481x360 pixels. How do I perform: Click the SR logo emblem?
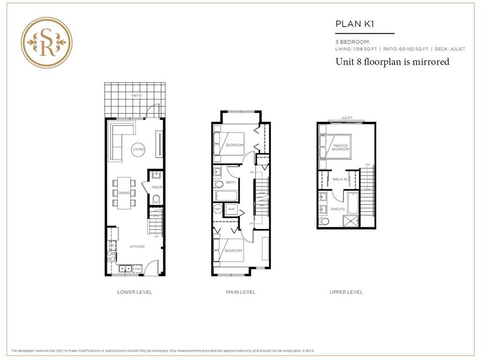point(47,43)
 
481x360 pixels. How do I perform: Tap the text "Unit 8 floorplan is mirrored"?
point(392,61)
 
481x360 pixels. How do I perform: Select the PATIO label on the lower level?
point(137,96)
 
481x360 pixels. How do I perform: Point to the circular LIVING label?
point(139,149)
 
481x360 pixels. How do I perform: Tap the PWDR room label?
point(157,188)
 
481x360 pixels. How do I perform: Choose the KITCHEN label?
point(137,246)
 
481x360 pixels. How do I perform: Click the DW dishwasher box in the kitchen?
point(137,268)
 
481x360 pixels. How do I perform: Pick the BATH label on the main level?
point(231,182)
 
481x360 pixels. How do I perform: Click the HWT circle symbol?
point(218,209)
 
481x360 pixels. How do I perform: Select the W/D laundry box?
point(231,209)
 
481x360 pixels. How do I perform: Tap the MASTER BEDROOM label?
point(340,147)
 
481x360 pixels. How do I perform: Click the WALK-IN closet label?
point(340,179)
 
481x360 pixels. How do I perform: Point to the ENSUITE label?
point(338,208)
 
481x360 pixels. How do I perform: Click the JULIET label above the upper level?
point(347,118)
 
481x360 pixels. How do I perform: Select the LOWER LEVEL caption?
point(134,292)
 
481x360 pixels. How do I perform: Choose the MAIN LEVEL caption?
point(240,292)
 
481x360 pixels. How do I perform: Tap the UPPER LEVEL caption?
point(346,292)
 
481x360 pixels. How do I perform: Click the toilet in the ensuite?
point(324,221)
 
